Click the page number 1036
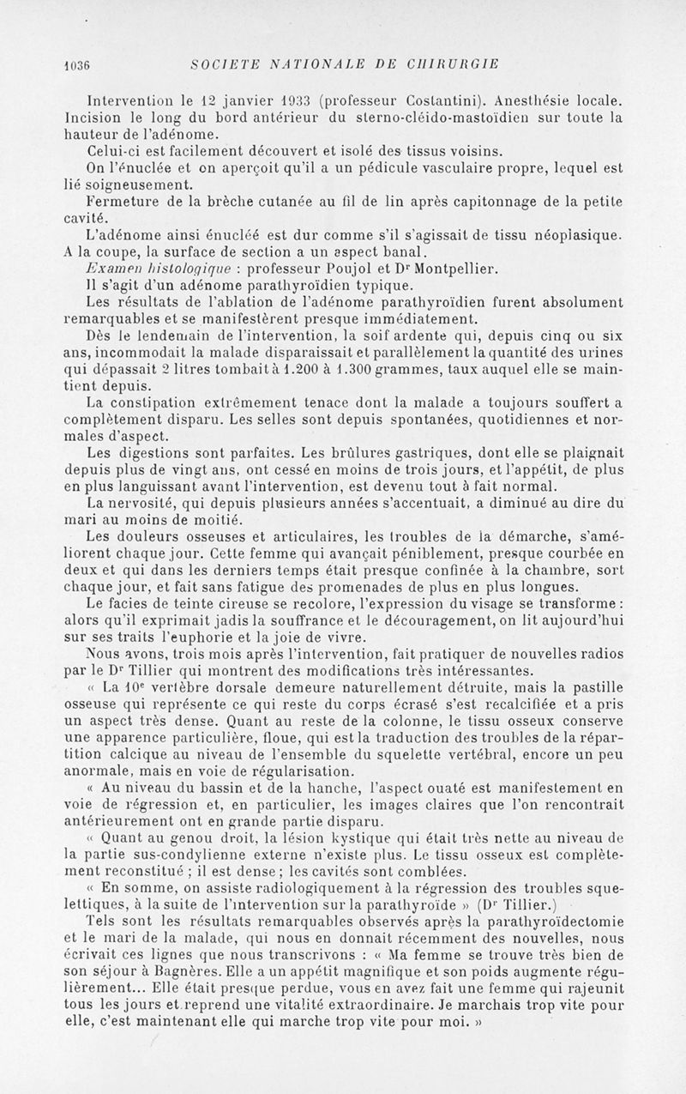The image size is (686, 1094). click(x=77, y=64)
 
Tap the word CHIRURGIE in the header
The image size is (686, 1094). click(x=455, y=64)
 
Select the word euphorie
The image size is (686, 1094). click(x=277, y=637)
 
